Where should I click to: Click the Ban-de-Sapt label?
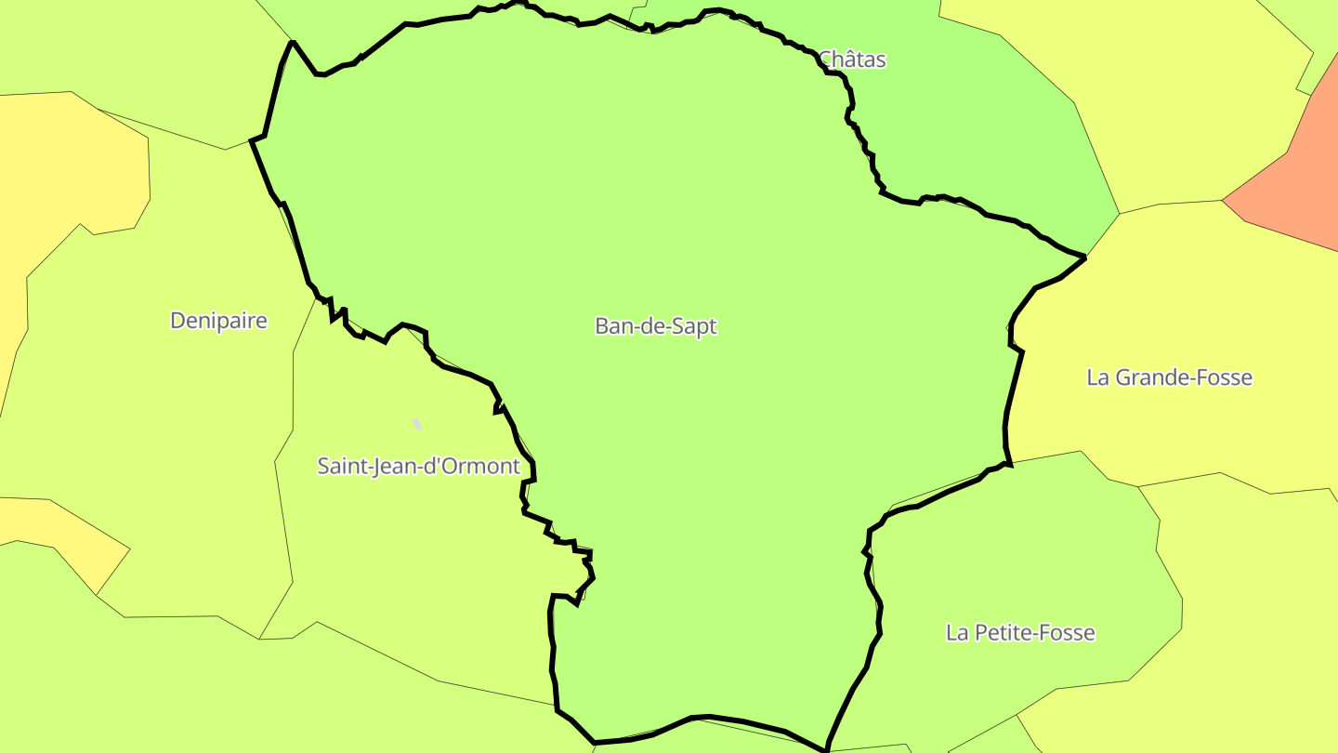[655, 326]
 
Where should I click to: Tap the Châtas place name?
[852, 59]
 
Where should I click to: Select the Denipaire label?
[218, 321]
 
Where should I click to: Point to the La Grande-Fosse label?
[1169, 377]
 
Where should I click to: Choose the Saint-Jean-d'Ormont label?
[418, 466]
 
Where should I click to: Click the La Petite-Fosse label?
[1020, 633]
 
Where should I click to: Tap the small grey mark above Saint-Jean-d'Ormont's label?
[417, 424]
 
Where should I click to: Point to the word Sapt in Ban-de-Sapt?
[693, 326]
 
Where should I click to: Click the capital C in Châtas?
[825, 59]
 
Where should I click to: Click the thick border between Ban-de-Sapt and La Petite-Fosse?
[874, 595]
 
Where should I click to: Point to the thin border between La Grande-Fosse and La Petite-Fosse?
[1045, 456]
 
